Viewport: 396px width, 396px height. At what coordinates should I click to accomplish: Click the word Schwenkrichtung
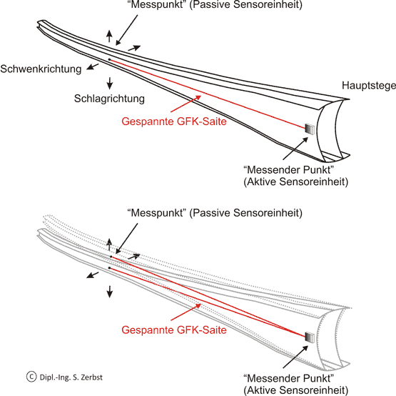pos(41,69)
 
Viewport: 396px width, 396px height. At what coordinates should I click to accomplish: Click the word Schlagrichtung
pos(109,99)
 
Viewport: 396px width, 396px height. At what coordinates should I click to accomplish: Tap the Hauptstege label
pos(369,86)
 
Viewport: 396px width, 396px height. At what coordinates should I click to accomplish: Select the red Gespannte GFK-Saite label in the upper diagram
pos(174,122)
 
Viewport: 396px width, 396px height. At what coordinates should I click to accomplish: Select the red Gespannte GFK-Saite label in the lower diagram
pos(174,330)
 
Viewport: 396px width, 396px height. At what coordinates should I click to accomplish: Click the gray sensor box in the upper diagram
pos(310,129)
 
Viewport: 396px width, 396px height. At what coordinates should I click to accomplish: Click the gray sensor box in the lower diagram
pos(310,337)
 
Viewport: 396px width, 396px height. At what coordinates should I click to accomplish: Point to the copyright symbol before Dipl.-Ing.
pos(31,377)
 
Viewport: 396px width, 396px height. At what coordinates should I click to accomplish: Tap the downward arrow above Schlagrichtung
pos(110,83)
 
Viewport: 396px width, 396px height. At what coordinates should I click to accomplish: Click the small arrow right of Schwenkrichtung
pos(93,66)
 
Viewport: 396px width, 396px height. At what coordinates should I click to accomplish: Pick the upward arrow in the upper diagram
pos(109,36)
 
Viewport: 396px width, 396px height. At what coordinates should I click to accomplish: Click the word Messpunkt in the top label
pos(157,4)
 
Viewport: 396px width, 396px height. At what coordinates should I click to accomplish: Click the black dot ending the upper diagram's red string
pos(109,59)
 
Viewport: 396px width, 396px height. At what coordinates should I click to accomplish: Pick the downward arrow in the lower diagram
pos(110,292)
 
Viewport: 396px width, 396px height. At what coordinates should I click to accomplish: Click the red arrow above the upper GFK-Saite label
pos(186,104)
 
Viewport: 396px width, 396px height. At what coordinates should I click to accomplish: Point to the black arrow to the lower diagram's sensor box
pos(295,357)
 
